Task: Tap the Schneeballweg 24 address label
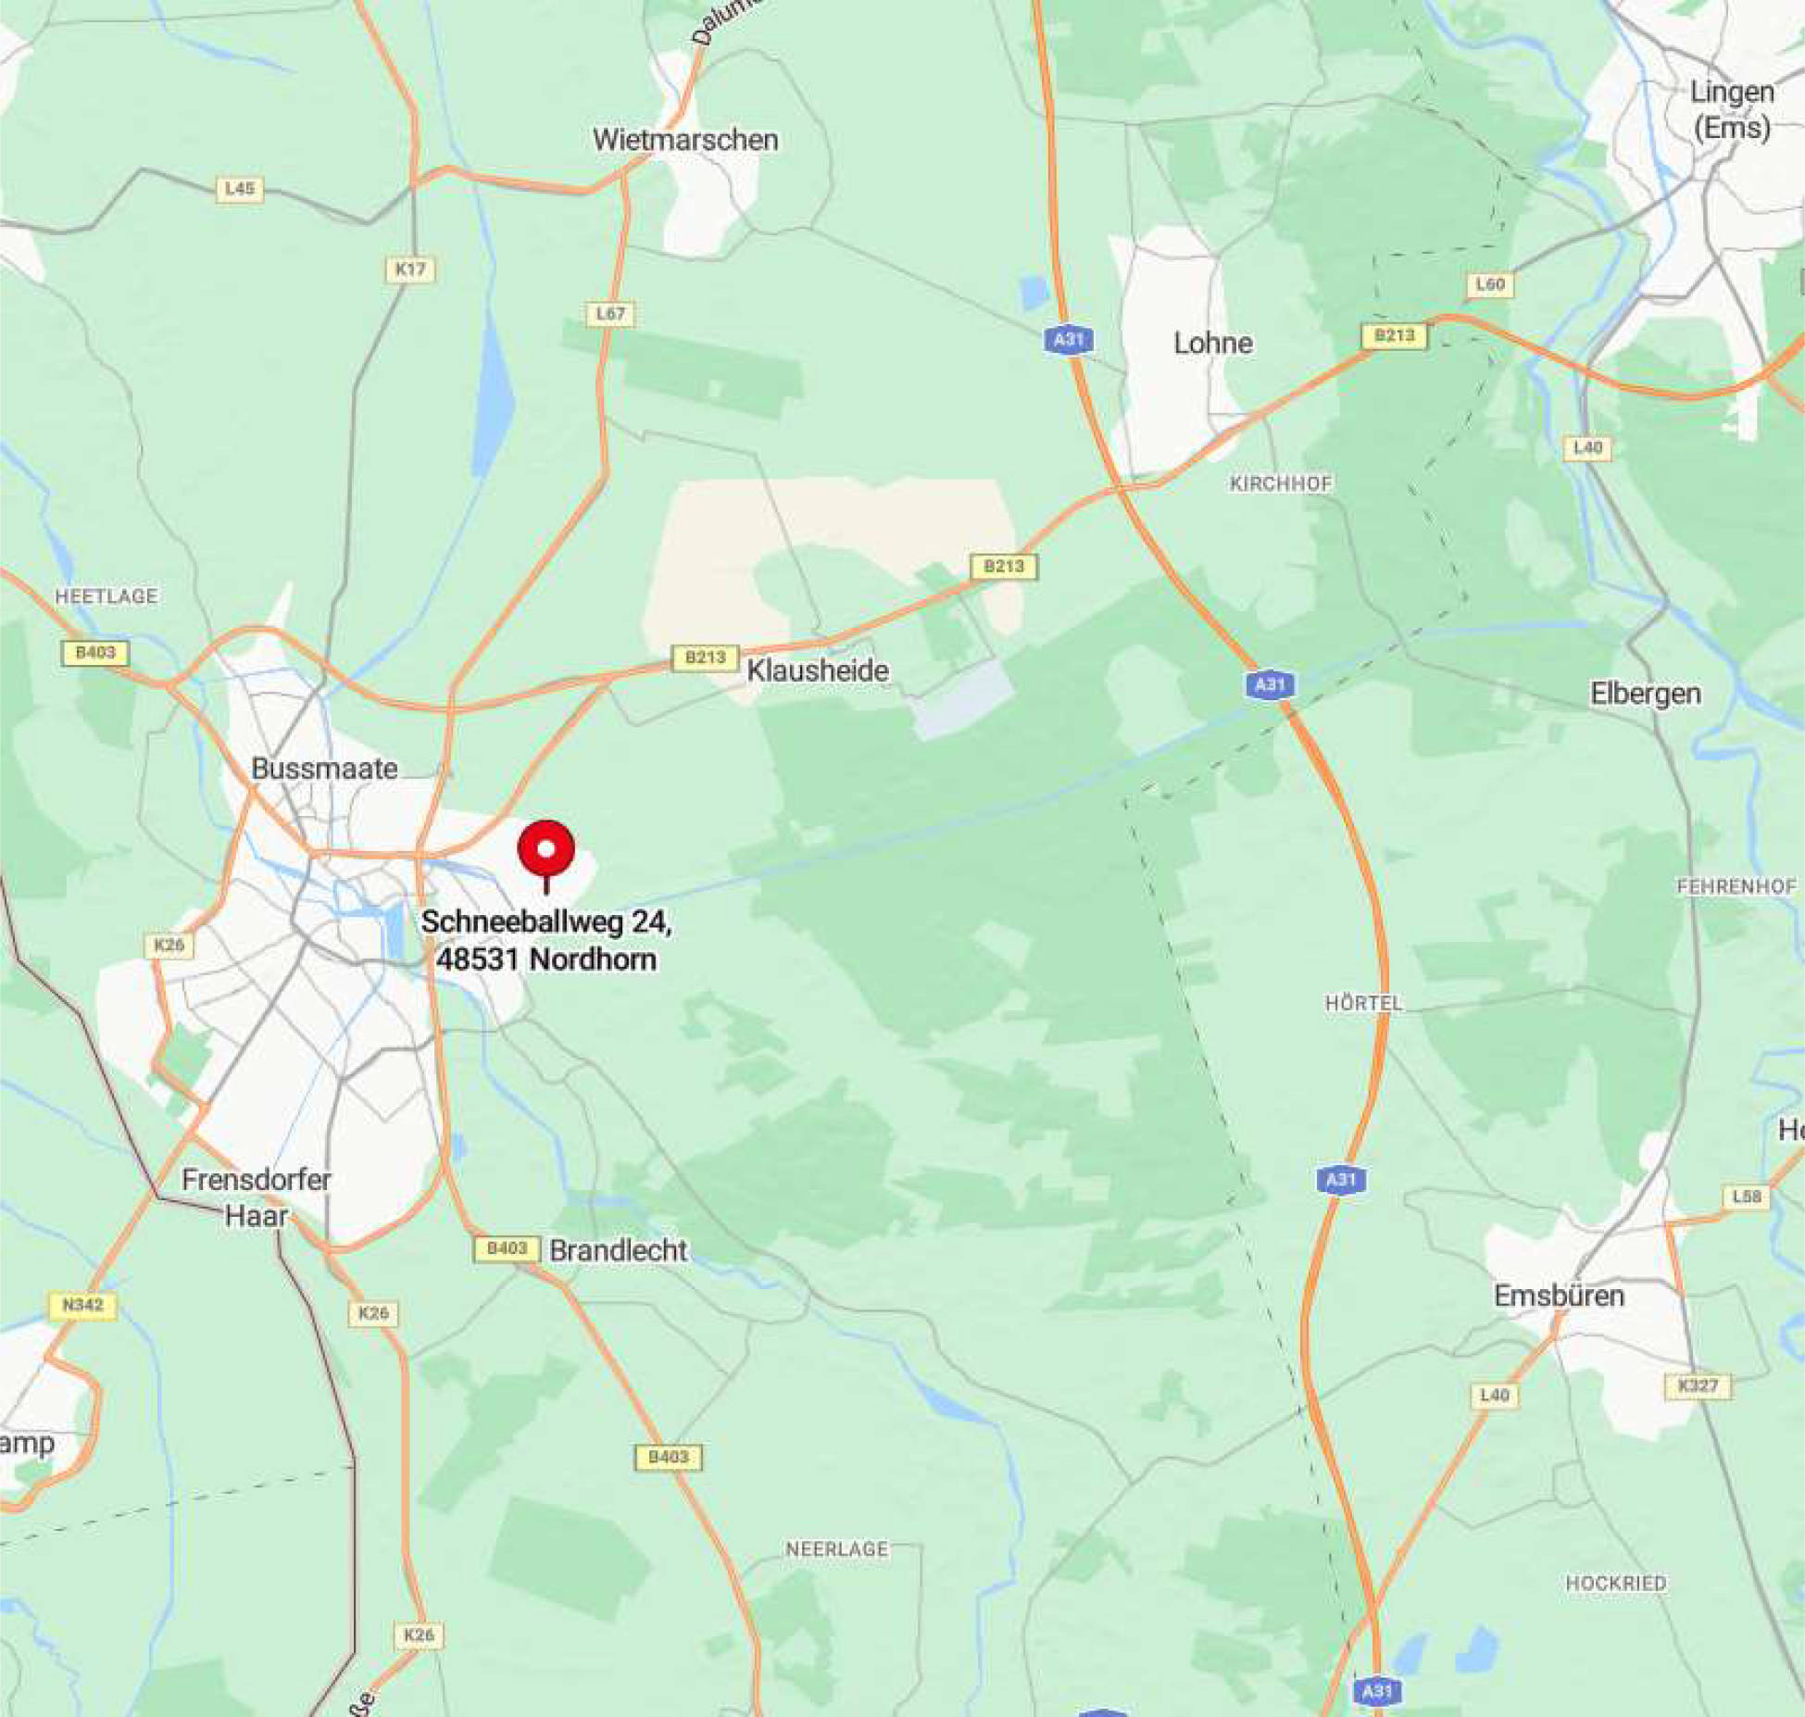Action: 546,940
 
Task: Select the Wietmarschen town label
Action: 685,140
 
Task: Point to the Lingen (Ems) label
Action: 1732,109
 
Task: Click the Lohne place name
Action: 1213,344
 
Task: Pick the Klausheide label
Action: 818,671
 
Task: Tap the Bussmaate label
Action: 324,769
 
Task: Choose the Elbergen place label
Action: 1646,694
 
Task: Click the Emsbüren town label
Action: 1560,1295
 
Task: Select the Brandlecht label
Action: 619,1250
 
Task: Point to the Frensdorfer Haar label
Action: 257,1197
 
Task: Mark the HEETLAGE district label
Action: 107,596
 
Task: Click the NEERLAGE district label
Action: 837,1549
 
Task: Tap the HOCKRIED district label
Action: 1616,1584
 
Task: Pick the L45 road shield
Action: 240,189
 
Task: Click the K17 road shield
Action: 410,269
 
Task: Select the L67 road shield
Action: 610,314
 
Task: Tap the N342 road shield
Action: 82,1306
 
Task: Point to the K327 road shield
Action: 1698,1385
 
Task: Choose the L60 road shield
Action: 1490,284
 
